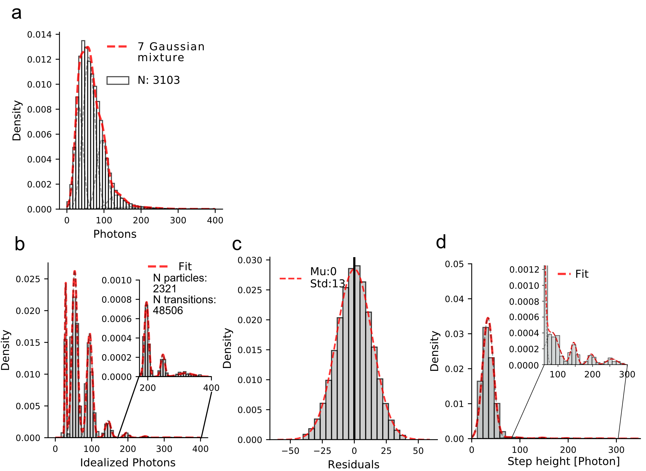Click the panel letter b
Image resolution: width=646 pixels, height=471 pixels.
(20, 244)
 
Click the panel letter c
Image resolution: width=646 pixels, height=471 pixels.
(237, 244)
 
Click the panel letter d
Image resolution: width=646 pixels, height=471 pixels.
(441, 242)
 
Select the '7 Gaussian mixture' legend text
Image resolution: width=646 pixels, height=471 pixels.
(171, 52)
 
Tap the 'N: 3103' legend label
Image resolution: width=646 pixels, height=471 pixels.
(159, 80)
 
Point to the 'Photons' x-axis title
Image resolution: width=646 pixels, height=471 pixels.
(115, 234)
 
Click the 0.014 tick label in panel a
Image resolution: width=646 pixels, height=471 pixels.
(39, 34)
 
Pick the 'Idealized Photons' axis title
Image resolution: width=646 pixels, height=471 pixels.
(128, 462)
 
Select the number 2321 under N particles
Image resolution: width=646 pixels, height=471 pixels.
(165, 289)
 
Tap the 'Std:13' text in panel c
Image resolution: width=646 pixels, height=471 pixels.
(327, 284)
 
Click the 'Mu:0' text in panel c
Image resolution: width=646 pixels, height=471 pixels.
(323, 271)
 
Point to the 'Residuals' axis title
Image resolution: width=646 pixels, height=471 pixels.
(353, 465)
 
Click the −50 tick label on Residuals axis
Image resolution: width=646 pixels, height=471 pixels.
(290, 451)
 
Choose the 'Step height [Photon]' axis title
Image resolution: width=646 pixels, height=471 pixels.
(564, 461)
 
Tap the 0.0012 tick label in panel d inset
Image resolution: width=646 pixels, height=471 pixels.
(524, 269)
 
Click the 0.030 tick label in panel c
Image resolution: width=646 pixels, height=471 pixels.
(250, 260)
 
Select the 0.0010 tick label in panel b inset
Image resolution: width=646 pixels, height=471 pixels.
(116, 280)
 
